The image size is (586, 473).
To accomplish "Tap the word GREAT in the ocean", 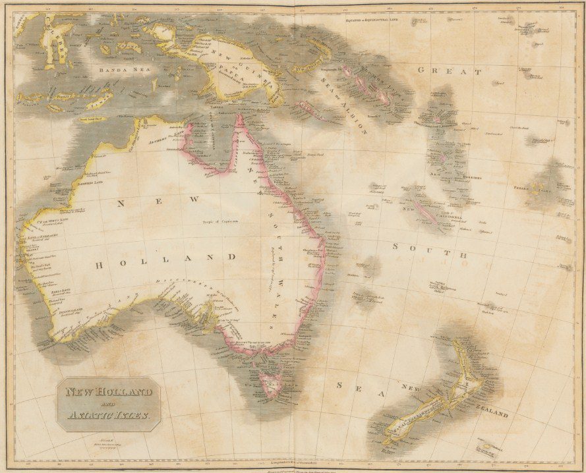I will tap(449, 70).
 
